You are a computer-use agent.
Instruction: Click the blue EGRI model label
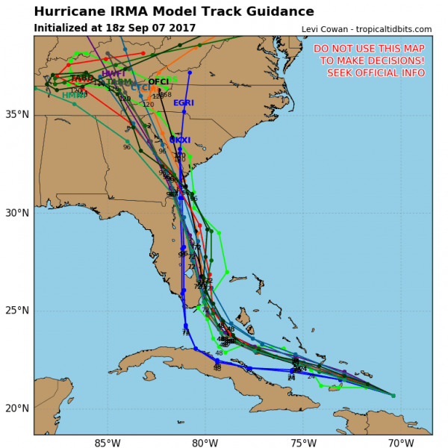tap(184, 103)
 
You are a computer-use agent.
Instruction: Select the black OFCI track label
tap(158, 82)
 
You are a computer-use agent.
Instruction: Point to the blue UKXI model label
tap(180, 140)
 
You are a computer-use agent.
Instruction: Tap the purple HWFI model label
tap(113, 74)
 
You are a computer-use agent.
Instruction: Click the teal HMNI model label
tap(72, 96)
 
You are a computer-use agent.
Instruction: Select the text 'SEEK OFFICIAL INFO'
tap(376, 72)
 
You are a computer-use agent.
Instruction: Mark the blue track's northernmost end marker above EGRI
tap(190, 73)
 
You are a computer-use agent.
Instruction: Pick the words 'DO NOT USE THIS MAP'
tap(369, 49)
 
